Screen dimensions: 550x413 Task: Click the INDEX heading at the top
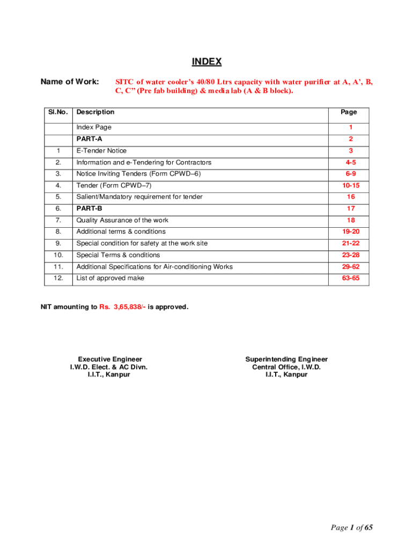pos(206,62)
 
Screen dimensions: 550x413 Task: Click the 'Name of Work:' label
pos(70,82)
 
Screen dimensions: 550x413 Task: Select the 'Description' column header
pos(95,112)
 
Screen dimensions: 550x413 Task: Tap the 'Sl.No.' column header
pos(58,112)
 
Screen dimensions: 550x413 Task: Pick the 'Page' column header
pos(349,112)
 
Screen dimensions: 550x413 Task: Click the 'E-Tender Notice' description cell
pos(101,151)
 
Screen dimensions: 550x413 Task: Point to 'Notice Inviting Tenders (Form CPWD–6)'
pos(138,174)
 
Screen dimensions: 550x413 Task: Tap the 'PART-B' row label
pos(89,208)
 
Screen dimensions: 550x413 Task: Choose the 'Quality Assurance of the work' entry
pos(122,220)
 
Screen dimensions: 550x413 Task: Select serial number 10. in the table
pos(58,255)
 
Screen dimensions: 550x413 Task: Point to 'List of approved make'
pos(110,278)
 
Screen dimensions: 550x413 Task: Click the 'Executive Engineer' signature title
pos(110,359)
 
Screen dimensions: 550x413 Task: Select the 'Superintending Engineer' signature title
pos(286,359)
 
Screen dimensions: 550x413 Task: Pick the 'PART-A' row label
pos(89,139)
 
